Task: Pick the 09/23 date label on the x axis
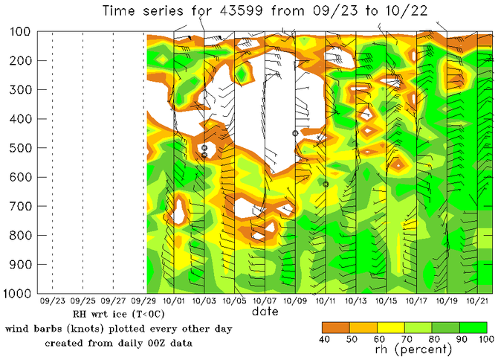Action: tap(52, 302)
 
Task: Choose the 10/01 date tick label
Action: tap(174, 302)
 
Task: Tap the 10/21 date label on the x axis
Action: tap(477, 302)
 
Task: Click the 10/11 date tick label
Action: tap(326, 302)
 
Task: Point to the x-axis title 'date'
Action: tap(265, 312)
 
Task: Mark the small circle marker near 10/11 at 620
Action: tap(326, 184)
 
